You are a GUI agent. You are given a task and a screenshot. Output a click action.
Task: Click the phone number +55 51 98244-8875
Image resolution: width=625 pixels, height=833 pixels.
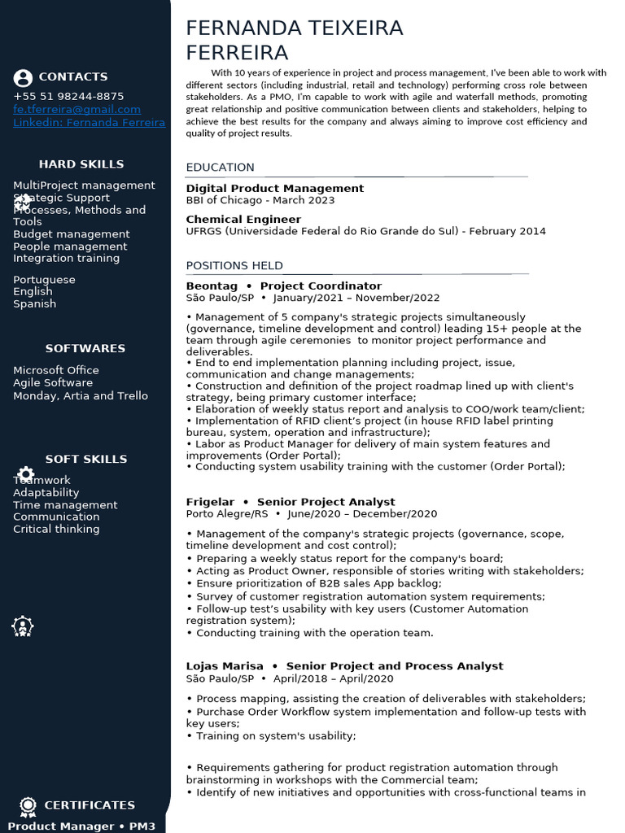tap(68, 96)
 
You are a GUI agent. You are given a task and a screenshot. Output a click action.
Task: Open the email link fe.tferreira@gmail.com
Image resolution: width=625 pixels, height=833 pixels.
tap(76, 109)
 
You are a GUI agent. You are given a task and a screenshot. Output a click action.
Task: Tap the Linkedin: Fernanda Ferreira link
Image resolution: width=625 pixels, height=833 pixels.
tap(89, 123)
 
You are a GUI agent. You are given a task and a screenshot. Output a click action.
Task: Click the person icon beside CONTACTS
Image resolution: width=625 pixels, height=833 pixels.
tap(23, 78)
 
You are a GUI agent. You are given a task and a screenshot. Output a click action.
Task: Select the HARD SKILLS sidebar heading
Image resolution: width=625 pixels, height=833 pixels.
tap(81, 164)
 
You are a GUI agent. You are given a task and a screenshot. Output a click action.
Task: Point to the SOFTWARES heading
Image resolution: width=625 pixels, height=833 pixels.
tap(85, 348)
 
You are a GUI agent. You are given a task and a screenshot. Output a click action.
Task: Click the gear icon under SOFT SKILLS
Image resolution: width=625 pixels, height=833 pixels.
tap(26, 473)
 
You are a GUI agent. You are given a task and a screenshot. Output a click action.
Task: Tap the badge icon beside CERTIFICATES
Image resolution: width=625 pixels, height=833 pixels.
tap(28, 805)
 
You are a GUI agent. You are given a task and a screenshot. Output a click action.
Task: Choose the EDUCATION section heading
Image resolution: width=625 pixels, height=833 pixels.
tap(220, 168)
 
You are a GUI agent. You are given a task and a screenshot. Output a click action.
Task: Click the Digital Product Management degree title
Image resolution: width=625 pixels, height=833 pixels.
tap(274, 189)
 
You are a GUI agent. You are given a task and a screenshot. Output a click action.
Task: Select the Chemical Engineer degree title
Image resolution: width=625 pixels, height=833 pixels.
tap(243, 220)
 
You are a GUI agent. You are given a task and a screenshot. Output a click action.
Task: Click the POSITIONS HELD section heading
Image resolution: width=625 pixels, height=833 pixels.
tap(234, 265)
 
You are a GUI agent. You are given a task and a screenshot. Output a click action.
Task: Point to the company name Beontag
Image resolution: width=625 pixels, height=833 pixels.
tap(212, 286)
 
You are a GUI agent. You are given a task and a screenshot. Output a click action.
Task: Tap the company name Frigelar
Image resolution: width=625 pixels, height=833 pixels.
tap(210, 502)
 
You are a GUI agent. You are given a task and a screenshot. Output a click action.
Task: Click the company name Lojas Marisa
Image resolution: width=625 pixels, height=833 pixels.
tap(225, 666)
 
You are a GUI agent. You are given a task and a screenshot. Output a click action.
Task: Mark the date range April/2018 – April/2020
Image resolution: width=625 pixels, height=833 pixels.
tap(333, 678)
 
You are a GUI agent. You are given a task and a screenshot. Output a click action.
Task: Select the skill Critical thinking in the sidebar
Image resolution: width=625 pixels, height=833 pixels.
tap(56, 529)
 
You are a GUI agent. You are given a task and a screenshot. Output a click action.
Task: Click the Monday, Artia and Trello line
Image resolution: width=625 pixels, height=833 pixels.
tap(81, 396)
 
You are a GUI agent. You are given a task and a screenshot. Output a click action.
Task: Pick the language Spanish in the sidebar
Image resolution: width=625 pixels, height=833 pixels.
tap(34, 303)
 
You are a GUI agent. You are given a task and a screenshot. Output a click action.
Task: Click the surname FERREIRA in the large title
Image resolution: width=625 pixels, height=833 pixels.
tap(237, 53)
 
